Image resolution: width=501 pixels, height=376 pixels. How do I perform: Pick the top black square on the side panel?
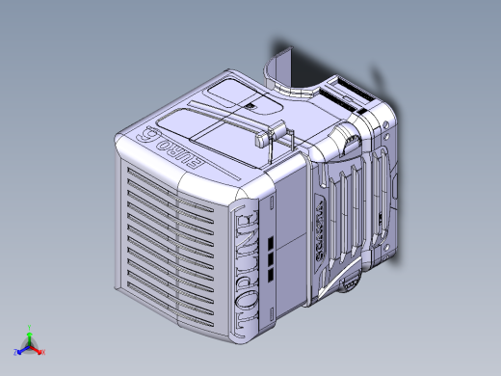click(272, 237)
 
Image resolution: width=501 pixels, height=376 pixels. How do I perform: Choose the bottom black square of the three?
click(272, 260)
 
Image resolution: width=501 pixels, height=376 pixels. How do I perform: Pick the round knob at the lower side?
click(351, 282)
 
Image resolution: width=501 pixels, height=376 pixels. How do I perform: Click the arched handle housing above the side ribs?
click(347, 144)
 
